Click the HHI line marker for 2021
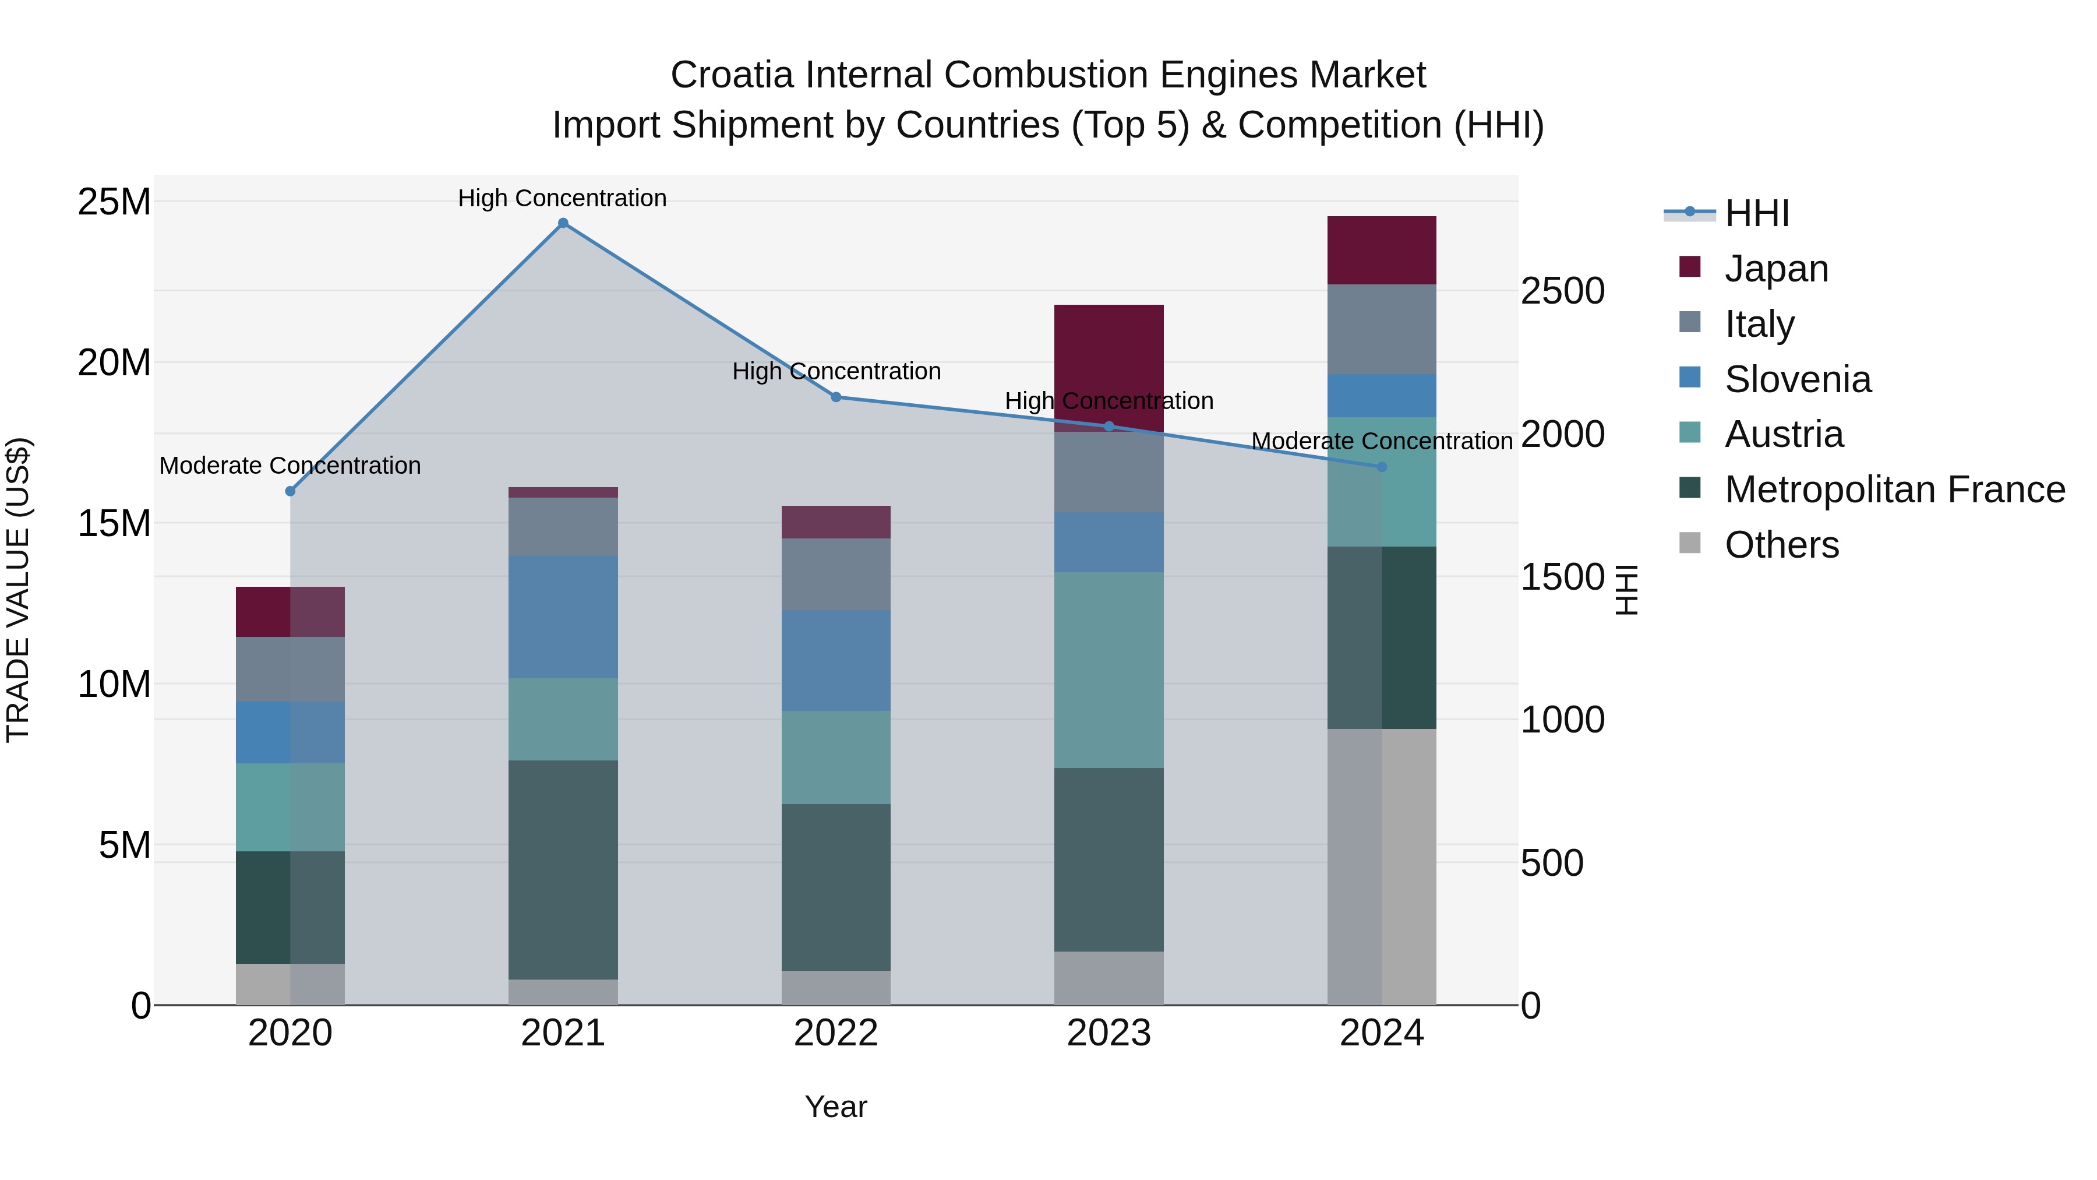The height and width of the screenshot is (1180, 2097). click(x=563, y=223)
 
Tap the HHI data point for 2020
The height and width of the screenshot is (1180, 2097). click(x=291, y=491)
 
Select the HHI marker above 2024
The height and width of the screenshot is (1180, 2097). click(x=1382, y=467)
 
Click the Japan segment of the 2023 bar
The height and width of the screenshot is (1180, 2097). click(x=1108, y=367)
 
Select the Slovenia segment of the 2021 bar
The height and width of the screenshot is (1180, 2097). click(x=563, y=617)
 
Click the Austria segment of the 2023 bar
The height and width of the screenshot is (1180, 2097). click(x=1108, y=670)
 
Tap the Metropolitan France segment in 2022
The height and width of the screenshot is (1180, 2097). click(x=836, y=887)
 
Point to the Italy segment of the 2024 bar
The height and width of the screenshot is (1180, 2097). click(x=1382, y=329)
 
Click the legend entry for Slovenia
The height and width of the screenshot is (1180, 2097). click(x=1798, y=379)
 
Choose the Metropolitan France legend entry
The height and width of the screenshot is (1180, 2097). click(x=1894, y=489)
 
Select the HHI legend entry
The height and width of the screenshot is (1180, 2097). click(x=1757, y=213)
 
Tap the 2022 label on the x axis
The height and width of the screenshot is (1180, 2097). click(x=836, y=1033)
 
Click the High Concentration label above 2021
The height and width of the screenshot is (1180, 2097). click(x=563, y=198)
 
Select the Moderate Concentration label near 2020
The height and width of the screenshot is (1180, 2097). click(x=291, y=465)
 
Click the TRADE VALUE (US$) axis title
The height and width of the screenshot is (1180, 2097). click(x=18, y=590)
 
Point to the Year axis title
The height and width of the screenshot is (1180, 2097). click(x=836, y=1107)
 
